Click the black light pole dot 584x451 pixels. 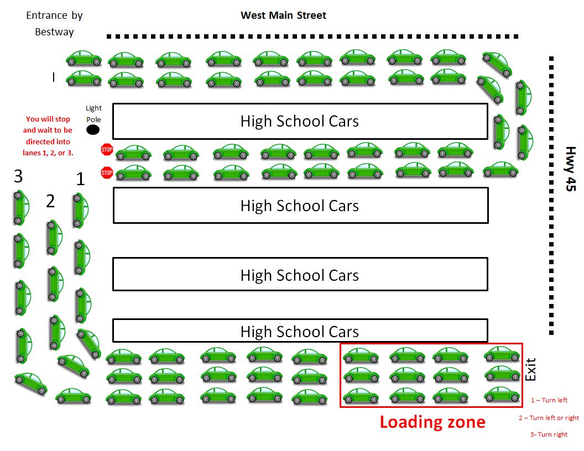point(93,130)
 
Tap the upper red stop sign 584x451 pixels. point(107,149)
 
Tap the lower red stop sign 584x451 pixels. point(107,173)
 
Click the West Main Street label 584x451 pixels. point(283,15)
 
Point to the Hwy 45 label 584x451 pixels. point(570,169)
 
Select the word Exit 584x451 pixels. point(530,369)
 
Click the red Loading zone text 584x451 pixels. point(432,422)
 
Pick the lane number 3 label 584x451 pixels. point(18,177)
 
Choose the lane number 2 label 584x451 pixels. point(50,201)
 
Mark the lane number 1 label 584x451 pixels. point(80,179)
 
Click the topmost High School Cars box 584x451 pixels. point(300,121)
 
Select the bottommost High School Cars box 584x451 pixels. point(300,331)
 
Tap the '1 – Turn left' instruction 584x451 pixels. point(549,400)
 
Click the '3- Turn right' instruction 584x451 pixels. point(549,434)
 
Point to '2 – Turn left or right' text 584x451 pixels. point(549,418)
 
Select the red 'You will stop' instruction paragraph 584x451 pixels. point(48,135)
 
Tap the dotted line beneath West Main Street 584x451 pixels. point(312,36)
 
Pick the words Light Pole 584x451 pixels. point(93,113)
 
